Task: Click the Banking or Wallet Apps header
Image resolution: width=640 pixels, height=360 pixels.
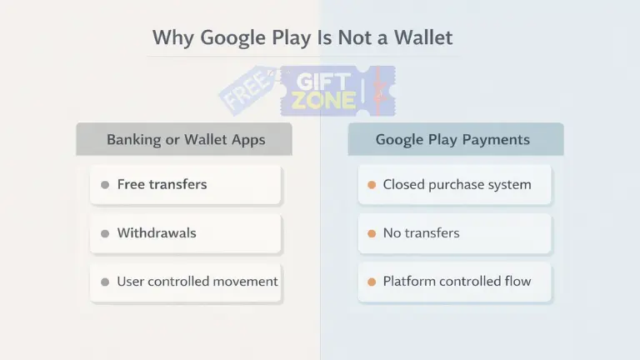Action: pyautogui.click(x=185, y=139)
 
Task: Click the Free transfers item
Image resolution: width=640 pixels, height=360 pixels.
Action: pyautogui.click(x=186, y=185)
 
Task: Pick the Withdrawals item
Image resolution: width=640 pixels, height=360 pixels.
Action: pyautogui.click(x=186, y=233)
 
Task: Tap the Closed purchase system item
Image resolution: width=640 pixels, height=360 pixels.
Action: pyautogui.click(x=455, y=185)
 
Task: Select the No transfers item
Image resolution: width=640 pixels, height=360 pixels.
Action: pyautogui.click(x=455, y=233)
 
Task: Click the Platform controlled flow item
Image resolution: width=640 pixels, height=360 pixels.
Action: pyautogui.click(x=455, y=282)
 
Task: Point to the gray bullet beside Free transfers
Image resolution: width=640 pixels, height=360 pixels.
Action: pyautogui.click(x=105, y=185)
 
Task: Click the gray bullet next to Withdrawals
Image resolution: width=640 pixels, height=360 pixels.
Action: pyautogui.click(x=105, y=233)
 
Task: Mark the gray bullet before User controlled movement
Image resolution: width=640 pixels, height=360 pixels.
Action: pyautogui.click(x=105, y=282)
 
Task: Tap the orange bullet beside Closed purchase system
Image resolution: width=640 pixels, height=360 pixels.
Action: pyautogui.click(x=371, y=185)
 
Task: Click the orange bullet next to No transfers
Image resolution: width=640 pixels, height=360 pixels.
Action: pyautogui.click(x=371, y=233)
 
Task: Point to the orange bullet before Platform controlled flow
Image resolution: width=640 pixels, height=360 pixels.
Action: pyautogui.click(x=371, y=282)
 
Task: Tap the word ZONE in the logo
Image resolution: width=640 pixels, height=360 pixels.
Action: pyautogui.click(x=323, y=102)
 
